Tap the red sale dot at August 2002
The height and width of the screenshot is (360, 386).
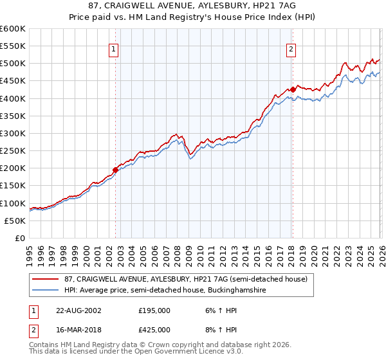(116, 170)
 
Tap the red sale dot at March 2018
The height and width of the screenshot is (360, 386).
(292, 89)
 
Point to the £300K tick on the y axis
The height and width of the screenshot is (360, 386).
(13, 133)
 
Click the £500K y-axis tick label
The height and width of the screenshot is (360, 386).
(13, 64)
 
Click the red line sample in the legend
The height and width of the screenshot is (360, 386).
(47, 280)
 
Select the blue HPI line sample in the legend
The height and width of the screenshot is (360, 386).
(47, 291)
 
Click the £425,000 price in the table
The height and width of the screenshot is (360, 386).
(154, 330)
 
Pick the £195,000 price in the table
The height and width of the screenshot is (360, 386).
(154, 310)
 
